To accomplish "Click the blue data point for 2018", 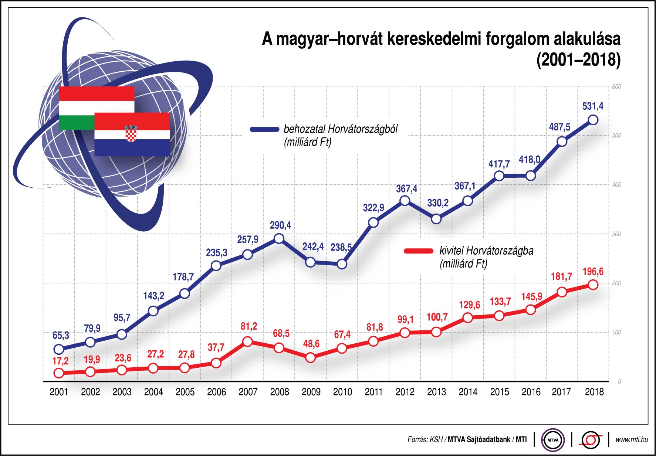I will pyautogui.click(x=593, y=120).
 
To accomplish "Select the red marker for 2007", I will pyautogui.click(x=248, y=341).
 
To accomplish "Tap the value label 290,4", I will pyautogui.click(x=280, y=225).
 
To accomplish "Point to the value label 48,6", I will pyautogui.click(x=311, y=344).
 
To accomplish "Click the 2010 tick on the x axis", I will pyautogui.click(x=342, y=392).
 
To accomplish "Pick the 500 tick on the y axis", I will pyautogui.click(x=616, y=136).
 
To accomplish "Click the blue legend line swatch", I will pyautogui.click(x=264, y=129).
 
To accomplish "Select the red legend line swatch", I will pyautogui.click(x=419, y=251).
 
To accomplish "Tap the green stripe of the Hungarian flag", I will pyautogui.click(x=77, y=122).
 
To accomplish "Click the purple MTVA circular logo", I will pyautogui.click(x=553, y=440).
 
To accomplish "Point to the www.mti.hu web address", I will pyautogui.click(x=632, y=439).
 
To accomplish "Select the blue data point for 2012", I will pyautogui.click(x=405, y=201).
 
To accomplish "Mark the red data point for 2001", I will pyautogui.click(x=59, y=373).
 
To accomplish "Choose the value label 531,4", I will pyautogui.click(x=593, y=106).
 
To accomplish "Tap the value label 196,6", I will pyautogui.click(x=593, y=272).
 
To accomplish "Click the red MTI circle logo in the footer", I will pyautogui.click(x=591, y=440).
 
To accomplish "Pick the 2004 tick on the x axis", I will pyautogui.click(x=153, y=392).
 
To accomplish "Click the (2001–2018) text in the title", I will pyautogui.click(x=578, y=60).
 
